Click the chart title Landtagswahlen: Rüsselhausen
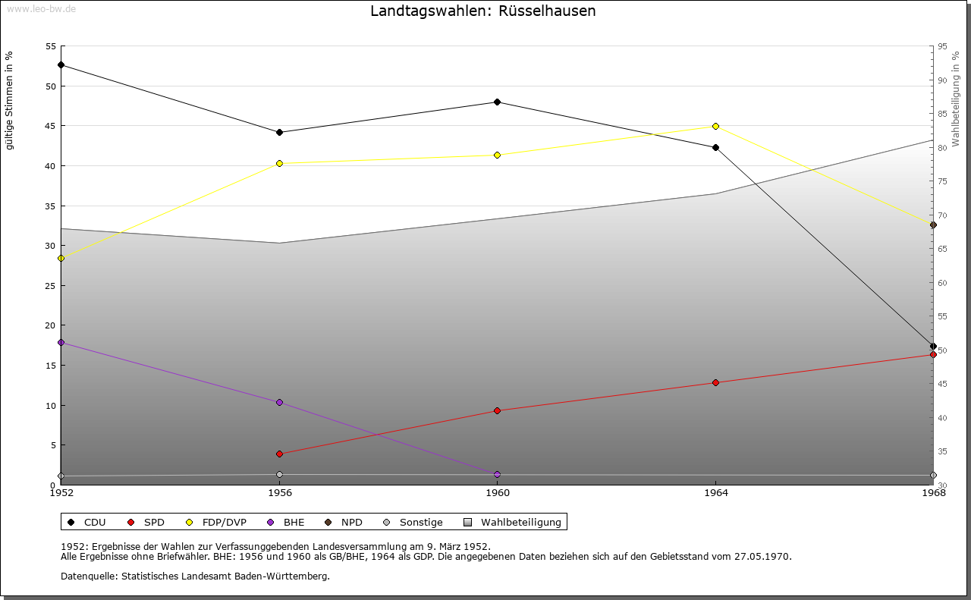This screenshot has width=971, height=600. tap(482, 11)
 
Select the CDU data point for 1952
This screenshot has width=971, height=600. tap(61, 65)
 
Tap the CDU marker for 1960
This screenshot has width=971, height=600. tap(497, 102)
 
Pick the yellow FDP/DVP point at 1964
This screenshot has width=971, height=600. tap(715, 126)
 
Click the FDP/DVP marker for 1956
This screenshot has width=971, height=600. tap(279, 163)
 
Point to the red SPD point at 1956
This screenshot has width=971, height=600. tap(279, 454)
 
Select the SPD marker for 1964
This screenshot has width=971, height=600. tap(715, 382)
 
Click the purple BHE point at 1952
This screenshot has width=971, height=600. tap(61, 343)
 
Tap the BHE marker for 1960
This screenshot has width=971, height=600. tap(497, 474)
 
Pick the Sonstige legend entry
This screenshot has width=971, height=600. tap(413, 522)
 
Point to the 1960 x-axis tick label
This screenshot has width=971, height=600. tap(497, 494)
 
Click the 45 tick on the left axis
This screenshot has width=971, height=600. tap(51, 126)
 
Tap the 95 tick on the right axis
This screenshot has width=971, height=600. tap(942, 46)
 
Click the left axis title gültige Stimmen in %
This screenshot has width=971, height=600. tap(10, 100)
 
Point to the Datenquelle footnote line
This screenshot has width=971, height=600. tap(195, 576)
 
